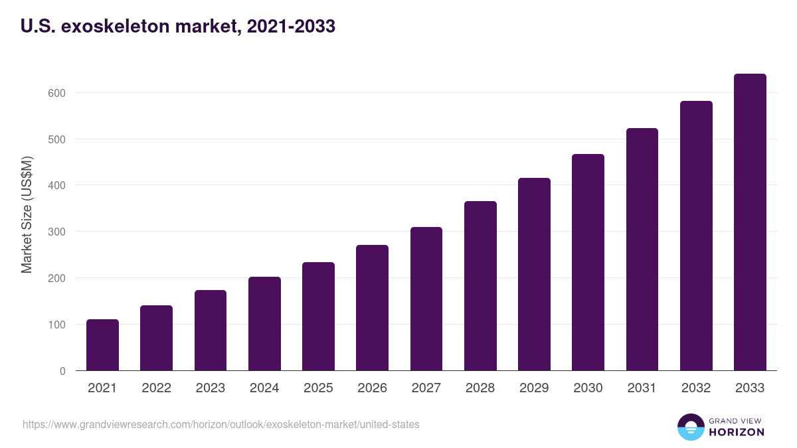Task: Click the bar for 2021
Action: pyautogui.click(x=102, y=345)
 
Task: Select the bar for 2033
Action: pyautogui.click(x=750, y=222)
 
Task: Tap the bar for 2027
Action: pyautogui.click(x=426, y=299)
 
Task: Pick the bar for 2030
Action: pyautogui.click(x=588, y=262)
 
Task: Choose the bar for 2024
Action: pyautogui.click(x=264, y=324)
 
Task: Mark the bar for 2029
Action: pyautogui.click(x=534, y=274)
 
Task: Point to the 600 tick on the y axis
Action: pyautogui.click(x=56, y=93)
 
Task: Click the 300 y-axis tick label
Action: pyautogui.click(x=56, y=232)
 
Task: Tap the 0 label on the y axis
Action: pyautogui.click(x=62, y=371)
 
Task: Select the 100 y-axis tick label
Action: pyautogui.click(x=56, y=325)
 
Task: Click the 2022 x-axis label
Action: pyautogui.click(x=156, y=388)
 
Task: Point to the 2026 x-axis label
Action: pyautogui.click(x=372, y=388)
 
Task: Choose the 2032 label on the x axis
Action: pyautogui.click(x=696, y=388)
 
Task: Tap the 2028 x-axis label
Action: pyautogui.click(x=480, y=388)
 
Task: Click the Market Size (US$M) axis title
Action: pyautogui.click(x=27, y=214)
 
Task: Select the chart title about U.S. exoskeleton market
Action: pyautogui.click(x=178, y=27)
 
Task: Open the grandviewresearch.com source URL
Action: pyautogui.click(x=221, y=424)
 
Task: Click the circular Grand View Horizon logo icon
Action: pyautogui.click(x=690, y=427)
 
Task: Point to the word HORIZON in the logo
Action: pyautogui.click(x=737, y=432)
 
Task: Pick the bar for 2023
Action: pyautogui.click(x=211, y=331)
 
